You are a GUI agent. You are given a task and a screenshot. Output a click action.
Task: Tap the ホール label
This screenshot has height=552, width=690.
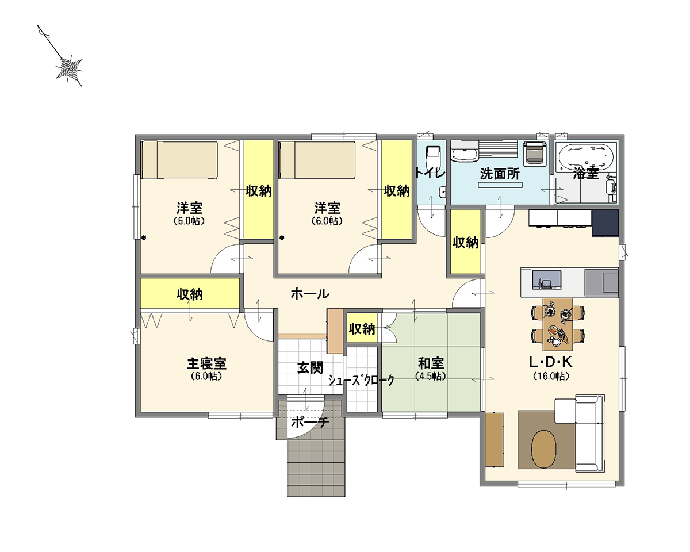[310, 294]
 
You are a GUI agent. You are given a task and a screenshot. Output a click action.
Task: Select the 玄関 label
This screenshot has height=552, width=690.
[309, 367]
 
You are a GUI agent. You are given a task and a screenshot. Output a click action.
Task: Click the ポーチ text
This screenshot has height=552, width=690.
[309, 423]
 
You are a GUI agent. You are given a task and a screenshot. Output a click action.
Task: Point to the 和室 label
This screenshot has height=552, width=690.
[431, 364]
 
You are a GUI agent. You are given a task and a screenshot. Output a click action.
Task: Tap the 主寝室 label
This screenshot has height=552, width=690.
[206, 364]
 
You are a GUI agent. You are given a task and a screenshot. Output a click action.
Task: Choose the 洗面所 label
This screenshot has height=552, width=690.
[500, 174]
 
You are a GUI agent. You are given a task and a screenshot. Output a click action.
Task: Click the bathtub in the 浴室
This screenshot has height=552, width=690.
[587, 155]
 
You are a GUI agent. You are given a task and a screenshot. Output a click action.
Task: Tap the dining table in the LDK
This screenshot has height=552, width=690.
[558, 324]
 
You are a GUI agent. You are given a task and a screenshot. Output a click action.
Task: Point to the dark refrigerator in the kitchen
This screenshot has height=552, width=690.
[605, 223]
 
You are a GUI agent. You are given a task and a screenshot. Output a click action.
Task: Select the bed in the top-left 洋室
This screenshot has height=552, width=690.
[179, 160]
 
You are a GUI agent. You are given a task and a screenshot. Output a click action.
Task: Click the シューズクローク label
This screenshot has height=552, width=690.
[362, 381]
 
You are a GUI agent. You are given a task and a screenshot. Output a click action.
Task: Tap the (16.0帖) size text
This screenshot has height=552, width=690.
[550, 377]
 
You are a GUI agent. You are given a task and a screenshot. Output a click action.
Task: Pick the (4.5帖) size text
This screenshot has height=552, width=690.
[431, 377]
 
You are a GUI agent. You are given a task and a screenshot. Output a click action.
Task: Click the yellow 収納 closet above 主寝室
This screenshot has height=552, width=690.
[190, 294]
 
